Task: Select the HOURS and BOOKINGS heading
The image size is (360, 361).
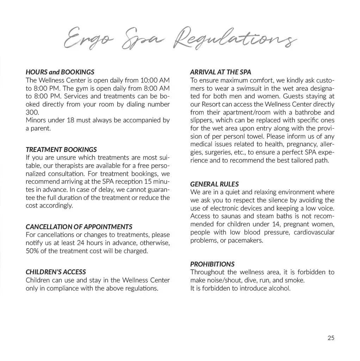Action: [x=60, y=72]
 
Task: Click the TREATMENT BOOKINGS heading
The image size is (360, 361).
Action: [x=61, y=149]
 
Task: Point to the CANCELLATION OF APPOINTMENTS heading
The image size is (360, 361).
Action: [x=79, y=227]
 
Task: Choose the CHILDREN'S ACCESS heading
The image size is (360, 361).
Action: [x=56, y=272]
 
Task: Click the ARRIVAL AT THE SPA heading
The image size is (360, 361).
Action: [x=221, y=72]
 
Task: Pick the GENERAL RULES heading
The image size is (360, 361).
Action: [x=214, y=184]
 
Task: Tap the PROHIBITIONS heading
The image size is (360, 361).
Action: [x=212, y=264]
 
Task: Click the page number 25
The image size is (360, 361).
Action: [x=331, y=338]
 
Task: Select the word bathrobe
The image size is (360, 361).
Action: [x=303, y=112]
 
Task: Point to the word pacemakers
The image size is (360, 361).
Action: [x=246, y=240]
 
